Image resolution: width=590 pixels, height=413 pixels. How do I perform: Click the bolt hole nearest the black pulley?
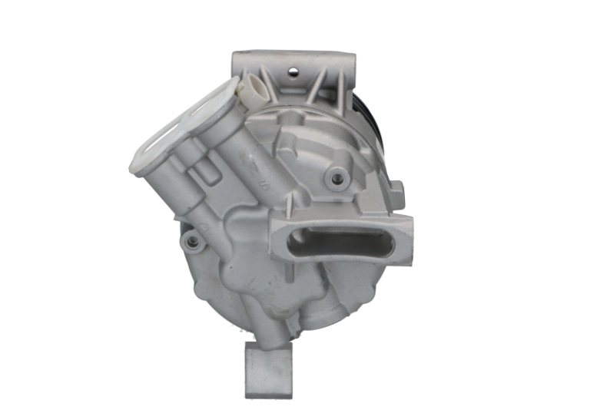pyautogui.click(x=336, y=178)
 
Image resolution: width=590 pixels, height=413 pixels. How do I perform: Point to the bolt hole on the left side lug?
pyautogui.click(x=192, y=242)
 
